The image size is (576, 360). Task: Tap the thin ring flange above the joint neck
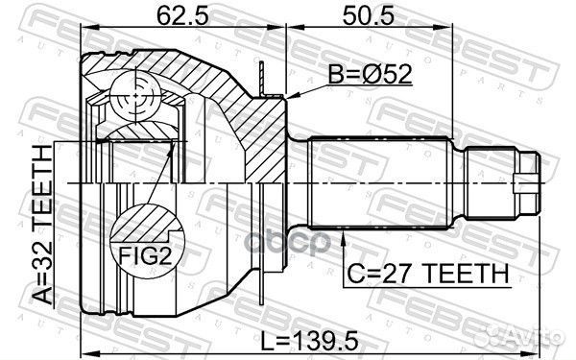click(x=261, y=77)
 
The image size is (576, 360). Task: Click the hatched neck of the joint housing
click(x=274, y=134)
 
